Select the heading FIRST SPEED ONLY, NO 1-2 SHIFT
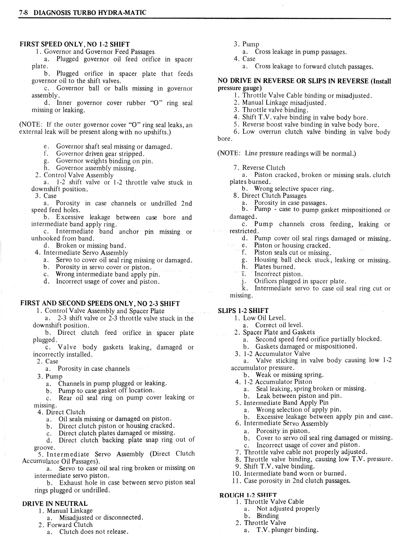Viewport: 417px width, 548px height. point(75,44)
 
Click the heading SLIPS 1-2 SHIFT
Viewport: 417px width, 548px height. point(243,311)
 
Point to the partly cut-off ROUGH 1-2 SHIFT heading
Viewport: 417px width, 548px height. point(248,495)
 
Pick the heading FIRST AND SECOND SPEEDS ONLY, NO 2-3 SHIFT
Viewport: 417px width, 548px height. point(100,303)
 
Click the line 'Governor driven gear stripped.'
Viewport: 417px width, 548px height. point(100,154)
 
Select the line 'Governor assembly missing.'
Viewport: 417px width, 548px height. point(96,168)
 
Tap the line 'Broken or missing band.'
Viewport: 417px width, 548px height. point(91,246)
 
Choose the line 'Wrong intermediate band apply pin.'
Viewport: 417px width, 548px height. point(108,275)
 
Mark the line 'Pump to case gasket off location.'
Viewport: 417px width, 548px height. point(106,391)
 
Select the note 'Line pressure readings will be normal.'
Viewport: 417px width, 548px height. point(287,153)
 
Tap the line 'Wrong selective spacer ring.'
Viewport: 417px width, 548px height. point(294,189)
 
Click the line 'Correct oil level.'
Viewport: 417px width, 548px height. point(279,325)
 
